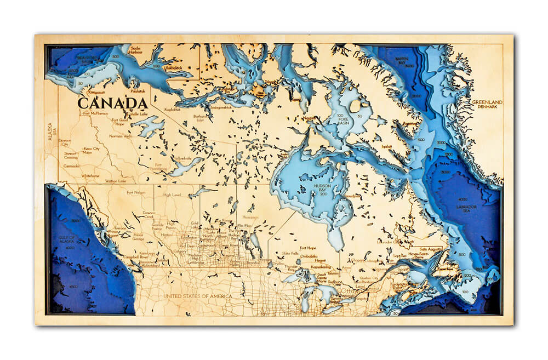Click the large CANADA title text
[112, 103]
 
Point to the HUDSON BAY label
[322, 187]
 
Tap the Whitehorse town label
[91, 175]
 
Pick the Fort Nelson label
[136, 192]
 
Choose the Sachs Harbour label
[136, 50]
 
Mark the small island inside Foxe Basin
[355, 106]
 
